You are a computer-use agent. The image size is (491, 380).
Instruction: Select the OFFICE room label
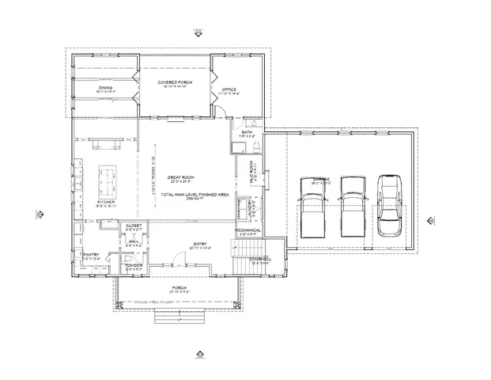click(230, 89)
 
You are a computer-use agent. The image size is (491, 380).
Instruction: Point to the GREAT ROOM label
click(181, 177)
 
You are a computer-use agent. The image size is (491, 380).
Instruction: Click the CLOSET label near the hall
click(134, 226)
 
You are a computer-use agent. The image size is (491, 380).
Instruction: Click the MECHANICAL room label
click(247, 230)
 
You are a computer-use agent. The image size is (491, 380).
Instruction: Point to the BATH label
click(247, 132)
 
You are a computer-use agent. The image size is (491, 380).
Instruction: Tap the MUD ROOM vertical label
click(251, 173)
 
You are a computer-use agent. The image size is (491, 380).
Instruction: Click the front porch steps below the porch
click(179, 318)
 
